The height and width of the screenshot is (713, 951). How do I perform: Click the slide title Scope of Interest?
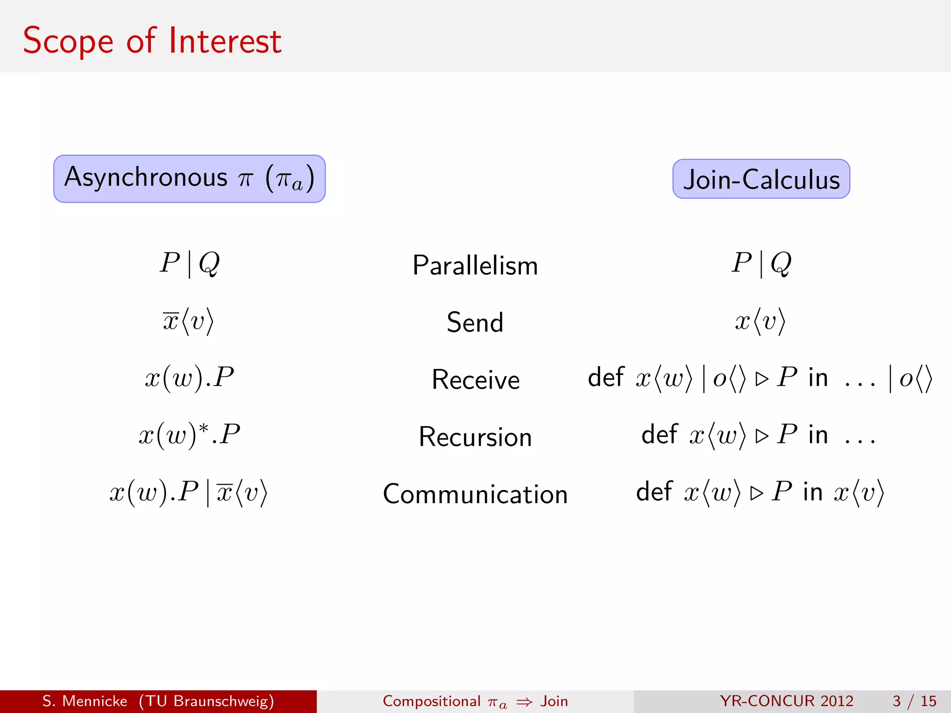152,41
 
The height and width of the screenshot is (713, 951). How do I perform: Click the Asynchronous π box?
189,179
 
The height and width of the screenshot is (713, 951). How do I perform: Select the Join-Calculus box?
761,179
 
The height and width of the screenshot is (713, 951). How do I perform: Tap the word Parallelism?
475,266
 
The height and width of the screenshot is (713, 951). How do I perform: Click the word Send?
475,322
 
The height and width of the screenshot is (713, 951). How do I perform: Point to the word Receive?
475,380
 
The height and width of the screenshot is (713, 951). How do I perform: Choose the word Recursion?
475,437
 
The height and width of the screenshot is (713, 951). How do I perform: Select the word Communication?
475,494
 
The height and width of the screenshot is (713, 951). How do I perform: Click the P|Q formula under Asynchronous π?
189,263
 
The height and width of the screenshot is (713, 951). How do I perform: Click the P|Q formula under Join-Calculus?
761,263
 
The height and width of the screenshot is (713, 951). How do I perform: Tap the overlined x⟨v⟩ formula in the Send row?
188,321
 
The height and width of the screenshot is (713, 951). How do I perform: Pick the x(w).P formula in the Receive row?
189,378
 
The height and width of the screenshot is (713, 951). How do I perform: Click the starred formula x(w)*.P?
189,435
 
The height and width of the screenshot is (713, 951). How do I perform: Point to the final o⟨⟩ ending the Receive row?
915,379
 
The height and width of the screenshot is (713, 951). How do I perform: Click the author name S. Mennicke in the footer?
85,701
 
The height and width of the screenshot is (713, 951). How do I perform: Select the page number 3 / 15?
914,701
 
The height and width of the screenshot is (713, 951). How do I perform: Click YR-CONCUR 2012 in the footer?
787,701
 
